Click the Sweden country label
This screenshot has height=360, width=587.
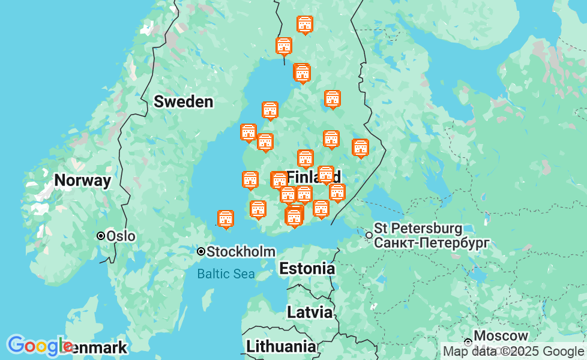[x=183, y=101]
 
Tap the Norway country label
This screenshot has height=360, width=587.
[x=82, y=181]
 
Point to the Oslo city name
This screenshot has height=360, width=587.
[x=121, y=236]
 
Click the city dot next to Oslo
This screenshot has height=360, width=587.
[x=101, y=236]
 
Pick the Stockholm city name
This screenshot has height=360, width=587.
[x=241, y=252]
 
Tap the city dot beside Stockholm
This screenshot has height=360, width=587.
[x=201, y=251]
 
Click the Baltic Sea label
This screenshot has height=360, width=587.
[x=226, y=274]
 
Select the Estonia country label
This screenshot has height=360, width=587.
[x=307, y=268]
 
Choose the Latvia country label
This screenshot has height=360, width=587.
[x=309, y=312]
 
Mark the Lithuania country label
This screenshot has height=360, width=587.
[x=281, y=346]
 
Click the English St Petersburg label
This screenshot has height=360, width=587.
[x=418, y=229]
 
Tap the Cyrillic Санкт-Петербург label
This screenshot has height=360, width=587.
[x=432, y=242]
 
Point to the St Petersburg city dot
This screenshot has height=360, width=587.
[x=369, y=235]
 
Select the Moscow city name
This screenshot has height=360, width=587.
[x=501, y=335]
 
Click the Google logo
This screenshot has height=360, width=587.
[x=40, y=346]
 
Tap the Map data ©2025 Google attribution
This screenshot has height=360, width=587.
[x=513, y=351]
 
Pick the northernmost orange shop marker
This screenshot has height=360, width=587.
[x=305, y=24]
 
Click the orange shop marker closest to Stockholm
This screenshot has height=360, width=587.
[x=226, y=219]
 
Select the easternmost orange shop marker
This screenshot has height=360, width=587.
[x=360, y=148]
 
